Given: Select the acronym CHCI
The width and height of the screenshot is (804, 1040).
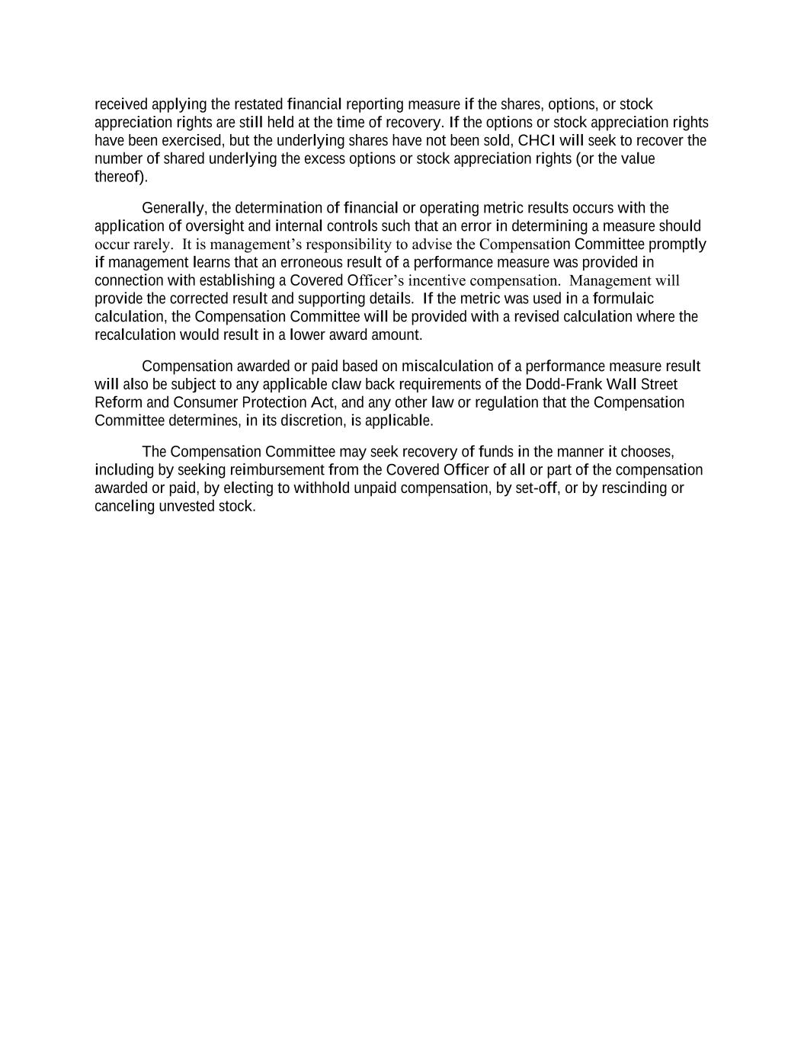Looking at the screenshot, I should click(x=537, y=141).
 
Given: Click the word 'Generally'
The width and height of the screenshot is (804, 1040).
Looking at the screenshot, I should click(x=173, y=208).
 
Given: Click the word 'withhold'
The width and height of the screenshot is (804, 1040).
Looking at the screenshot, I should click(x=323, y=488).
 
